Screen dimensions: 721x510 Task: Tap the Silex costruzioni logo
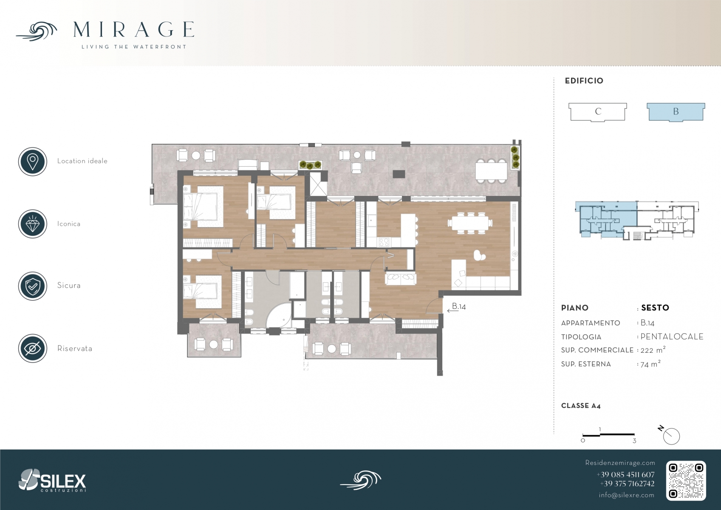click(52, 480)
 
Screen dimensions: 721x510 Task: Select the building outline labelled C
click(598, 112)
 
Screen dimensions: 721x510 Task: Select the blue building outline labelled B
click(676, 112)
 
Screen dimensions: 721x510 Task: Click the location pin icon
click(33, 161)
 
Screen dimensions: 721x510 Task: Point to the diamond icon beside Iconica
click(33, 224)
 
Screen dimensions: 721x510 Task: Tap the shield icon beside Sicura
click(33, 286)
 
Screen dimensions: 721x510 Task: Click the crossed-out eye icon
click(33, 348)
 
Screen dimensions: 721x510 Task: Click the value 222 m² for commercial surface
click(653, 350)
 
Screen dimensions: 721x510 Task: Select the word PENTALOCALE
click(672, 337)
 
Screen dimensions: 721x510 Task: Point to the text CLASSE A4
click(581, 406)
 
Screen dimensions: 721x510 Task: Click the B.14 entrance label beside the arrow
click(459, 306)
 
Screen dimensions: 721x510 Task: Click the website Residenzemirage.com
click(620, 463)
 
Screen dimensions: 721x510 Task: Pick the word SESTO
click(655, 308)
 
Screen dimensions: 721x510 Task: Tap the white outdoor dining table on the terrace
click(491, 171)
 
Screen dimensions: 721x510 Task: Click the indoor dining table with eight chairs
click(470, 222)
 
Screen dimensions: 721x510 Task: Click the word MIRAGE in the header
click(134, 29)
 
